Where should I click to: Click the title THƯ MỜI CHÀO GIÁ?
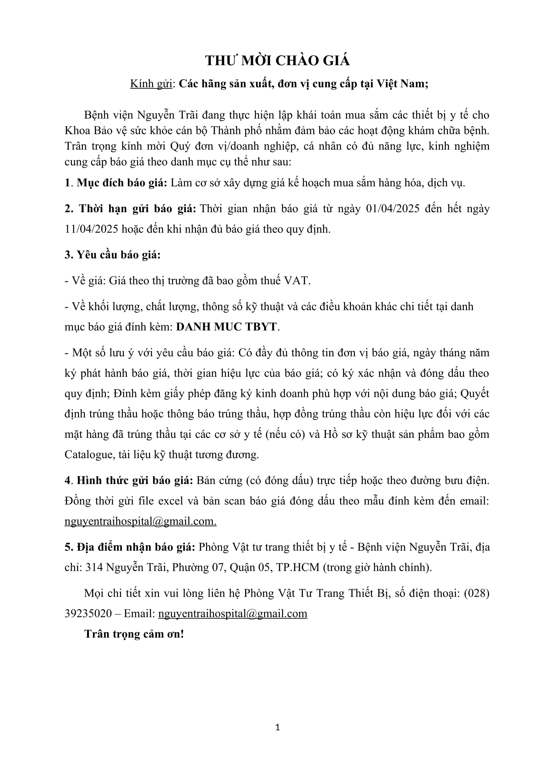click(x=277, y=61)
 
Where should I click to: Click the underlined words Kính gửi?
click(x=151, y=84)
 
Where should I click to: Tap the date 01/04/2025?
click(x=393, y=209)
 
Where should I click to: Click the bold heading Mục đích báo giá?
click(x=122, y=183)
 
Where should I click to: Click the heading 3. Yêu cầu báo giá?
click(x=112, y=255)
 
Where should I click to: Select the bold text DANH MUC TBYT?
click(x=227, y=327)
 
